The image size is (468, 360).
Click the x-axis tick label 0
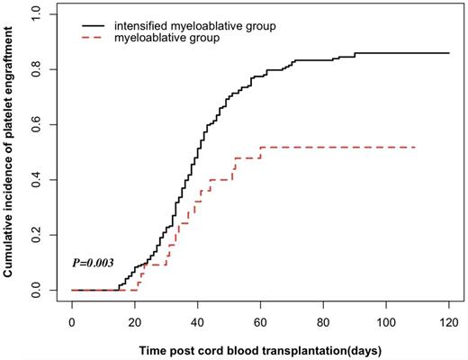(x=72, y=319)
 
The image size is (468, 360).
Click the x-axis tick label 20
(x=135, y=319)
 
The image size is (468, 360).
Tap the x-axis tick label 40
(x=198, y=319)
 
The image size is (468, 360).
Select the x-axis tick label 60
(x=261, y=319)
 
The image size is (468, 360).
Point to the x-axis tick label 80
(x=324, y=319)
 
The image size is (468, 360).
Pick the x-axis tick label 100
(x=386, y=319)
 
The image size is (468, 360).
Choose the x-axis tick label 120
(x=449, y=319)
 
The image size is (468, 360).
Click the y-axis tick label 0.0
(x=35, y=291)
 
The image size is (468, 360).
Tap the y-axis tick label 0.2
(x=35, y=235)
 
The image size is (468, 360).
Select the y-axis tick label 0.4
(x=35, y=180)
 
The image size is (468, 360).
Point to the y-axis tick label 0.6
(x=35, y=124)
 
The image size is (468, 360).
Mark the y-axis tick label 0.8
(x=35, y=69)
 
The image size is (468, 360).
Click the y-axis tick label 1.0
(x=35, y=14)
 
